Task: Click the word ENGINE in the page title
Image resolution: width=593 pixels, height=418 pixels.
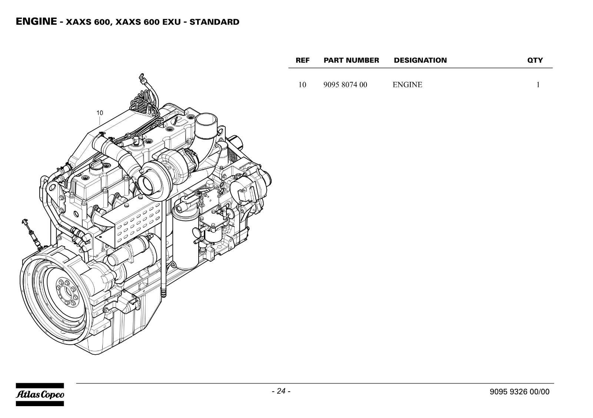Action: pyautogui.click(x=36, y=21)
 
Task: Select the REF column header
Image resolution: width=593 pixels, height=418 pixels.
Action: pyautogui.click(x=302, y=60)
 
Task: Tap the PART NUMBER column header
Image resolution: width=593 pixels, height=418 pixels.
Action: pyautogui.click(x=351, y=60)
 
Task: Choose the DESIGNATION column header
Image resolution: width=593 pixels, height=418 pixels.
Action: pyautogui.click(x=420, y=60)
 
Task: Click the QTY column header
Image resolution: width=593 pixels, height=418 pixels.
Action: pyautogui.click(x=535, y=60)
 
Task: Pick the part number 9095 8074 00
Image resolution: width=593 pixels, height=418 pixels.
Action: pyautogui.click(x=345, y=85)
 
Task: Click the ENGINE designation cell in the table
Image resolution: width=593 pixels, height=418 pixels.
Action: pyautogui.click(x=407, y=85)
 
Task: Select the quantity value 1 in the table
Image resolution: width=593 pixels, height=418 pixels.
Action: pyautogui.click(x=538, y=85)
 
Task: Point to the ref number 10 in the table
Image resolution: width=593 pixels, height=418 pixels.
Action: pyautogui.click(x=302, y=85)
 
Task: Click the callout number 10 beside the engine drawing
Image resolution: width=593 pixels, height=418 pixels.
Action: pyautogui.click(x=100, y=113)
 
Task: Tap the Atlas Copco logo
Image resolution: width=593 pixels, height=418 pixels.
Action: pyautogui.click(x=40, y=394)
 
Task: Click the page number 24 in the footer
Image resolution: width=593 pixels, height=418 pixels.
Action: pyautogui.click(x=281, y=391)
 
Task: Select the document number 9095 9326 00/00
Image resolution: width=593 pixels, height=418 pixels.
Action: pyautogui.click(x=519, y=392)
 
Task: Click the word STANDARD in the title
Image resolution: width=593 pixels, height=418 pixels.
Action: pyautogui.click(x=214, y=22)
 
